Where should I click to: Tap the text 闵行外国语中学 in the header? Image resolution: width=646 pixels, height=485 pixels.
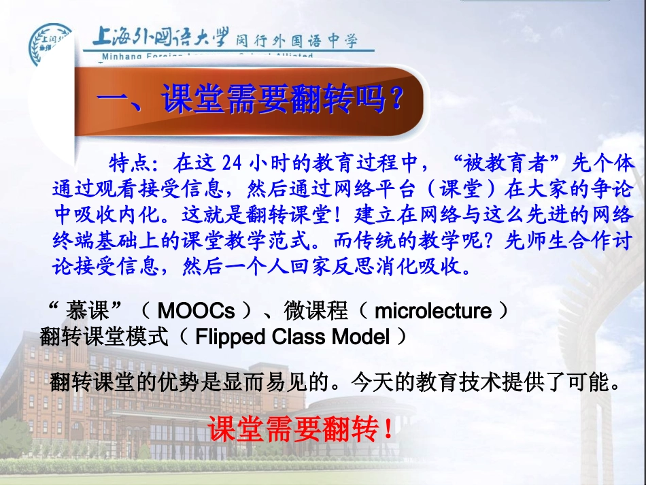pyautogui.click(x=296, y=41)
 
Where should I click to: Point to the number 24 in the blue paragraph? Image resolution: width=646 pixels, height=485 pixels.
pyautogui.click(x=232, y=163)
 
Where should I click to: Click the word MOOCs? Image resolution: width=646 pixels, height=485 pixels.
pyautogui.click(x=196, y=312)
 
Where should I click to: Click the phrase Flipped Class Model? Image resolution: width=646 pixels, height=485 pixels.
pyautogui.click(x=292, y=337)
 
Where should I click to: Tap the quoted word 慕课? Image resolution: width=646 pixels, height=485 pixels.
pyautogui.click(x=86, y=312)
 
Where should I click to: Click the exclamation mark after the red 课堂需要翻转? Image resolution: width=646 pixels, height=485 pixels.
pyautogui.click(x=388, y=429)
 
